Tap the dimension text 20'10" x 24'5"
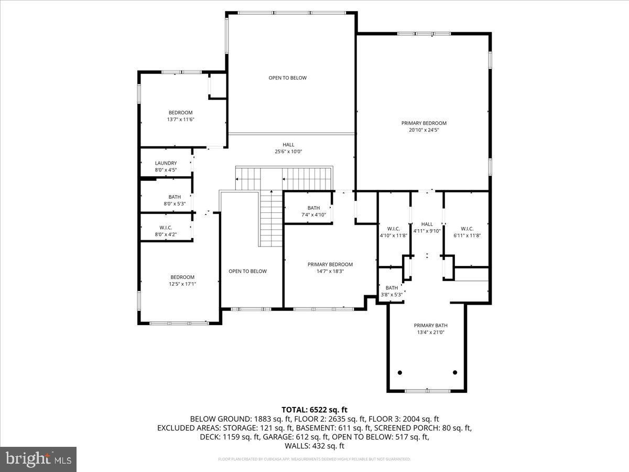[424, 130]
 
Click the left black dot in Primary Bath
[400, 372]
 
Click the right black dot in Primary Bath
[454, 372]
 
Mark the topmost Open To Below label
[287, 78]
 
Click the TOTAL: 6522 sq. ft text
[314, 410]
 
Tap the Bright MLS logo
[38, 459]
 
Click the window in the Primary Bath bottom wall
[427, 391]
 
